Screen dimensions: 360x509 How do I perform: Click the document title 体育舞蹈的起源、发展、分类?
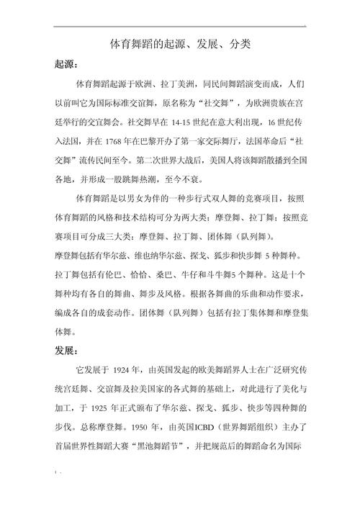(180, 45)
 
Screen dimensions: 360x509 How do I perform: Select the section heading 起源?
(69, 64)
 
